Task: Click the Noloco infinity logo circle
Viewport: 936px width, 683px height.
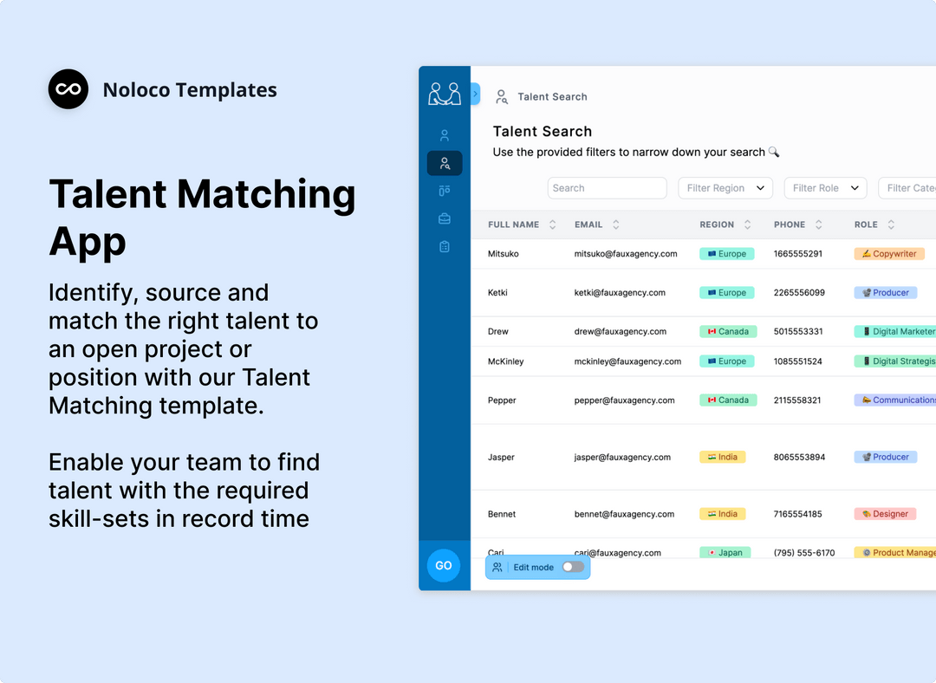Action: pyautogui.click(x=68, y=89)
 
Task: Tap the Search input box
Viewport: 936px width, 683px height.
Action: pyautogui.click(x=607, y=188)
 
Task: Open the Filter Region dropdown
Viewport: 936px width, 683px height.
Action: pyautogui.click(x=725, y=188)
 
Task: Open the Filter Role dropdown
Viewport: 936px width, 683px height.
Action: pyautogui.click(x=825, y=188)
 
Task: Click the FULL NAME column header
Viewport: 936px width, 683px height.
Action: pyautogui.click(x=514, y=224)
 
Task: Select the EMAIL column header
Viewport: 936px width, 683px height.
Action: pyautogui.click(x=588, y=224)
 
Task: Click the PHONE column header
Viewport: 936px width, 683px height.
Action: pyautogui.click(x=790, y=224)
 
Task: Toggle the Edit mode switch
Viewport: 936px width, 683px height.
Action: pyautogui.click(x=573, y=567)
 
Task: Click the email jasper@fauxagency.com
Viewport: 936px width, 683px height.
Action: pyautogui.click(x=622, y=457)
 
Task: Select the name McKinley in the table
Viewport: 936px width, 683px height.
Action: pyautogui.click(x=506, y=361)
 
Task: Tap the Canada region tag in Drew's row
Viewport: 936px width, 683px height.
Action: pyautogui.click(x=728, y=331)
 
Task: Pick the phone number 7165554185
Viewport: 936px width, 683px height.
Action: pyautogui.click(x=798, y=514)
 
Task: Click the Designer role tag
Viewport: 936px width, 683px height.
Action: pyautogui.click(x=885, y=514)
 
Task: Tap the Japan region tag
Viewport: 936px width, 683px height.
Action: pyautogui.click(x=725, y=552)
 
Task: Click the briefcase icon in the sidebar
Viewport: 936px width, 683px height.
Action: pyautogui.click(x=445, y=218)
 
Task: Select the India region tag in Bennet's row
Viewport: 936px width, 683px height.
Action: pyautogui.click(x=722, y=514)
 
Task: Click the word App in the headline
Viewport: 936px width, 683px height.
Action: pyautogui.click(x=88, y=240)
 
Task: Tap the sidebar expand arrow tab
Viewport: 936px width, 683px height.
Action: pyautogui.click(x=475, y=94)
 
